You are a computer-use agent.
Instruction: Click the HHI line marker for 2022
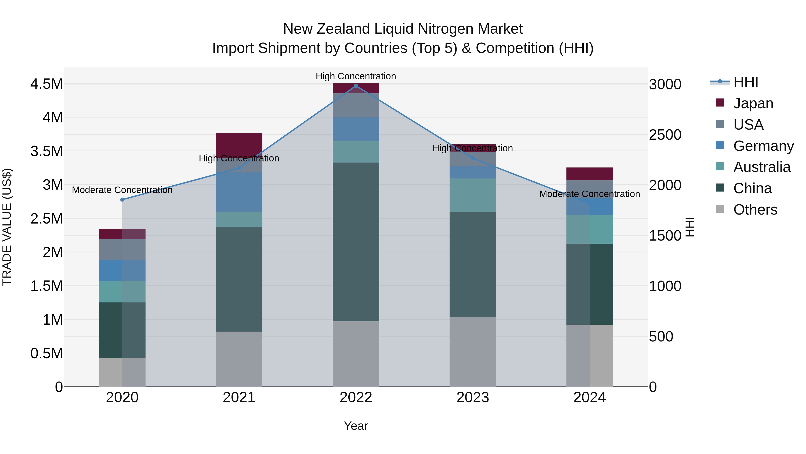click(356, 86)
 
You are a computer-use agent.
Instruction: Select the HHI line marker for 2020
click(122, 200)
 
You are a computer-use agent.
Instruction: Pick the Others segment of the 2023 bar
click(473, 352)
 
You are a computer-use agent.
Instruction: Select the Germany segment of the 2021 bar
click(239, 192)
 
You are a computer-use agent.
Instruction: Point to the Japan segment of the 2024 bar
click(589, 174)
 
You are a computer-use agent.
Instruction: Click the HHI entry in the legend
click(746, 82)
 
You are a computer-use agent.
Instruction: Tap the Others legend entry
click(755, 210)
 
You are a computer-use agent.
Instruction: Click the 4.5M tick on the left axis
click(46, 84)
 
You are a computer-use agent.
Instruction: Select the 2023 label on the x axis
click(473, 397)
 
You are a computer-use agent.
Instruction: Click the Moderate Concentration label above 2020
click(122, 190)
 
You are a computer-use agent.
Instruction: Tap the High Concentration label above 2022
click(356, 76)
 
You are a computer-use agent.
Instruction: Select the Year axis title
click(356, 426)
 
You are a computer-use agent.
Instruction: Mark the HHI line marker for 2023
click(473, 158)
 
